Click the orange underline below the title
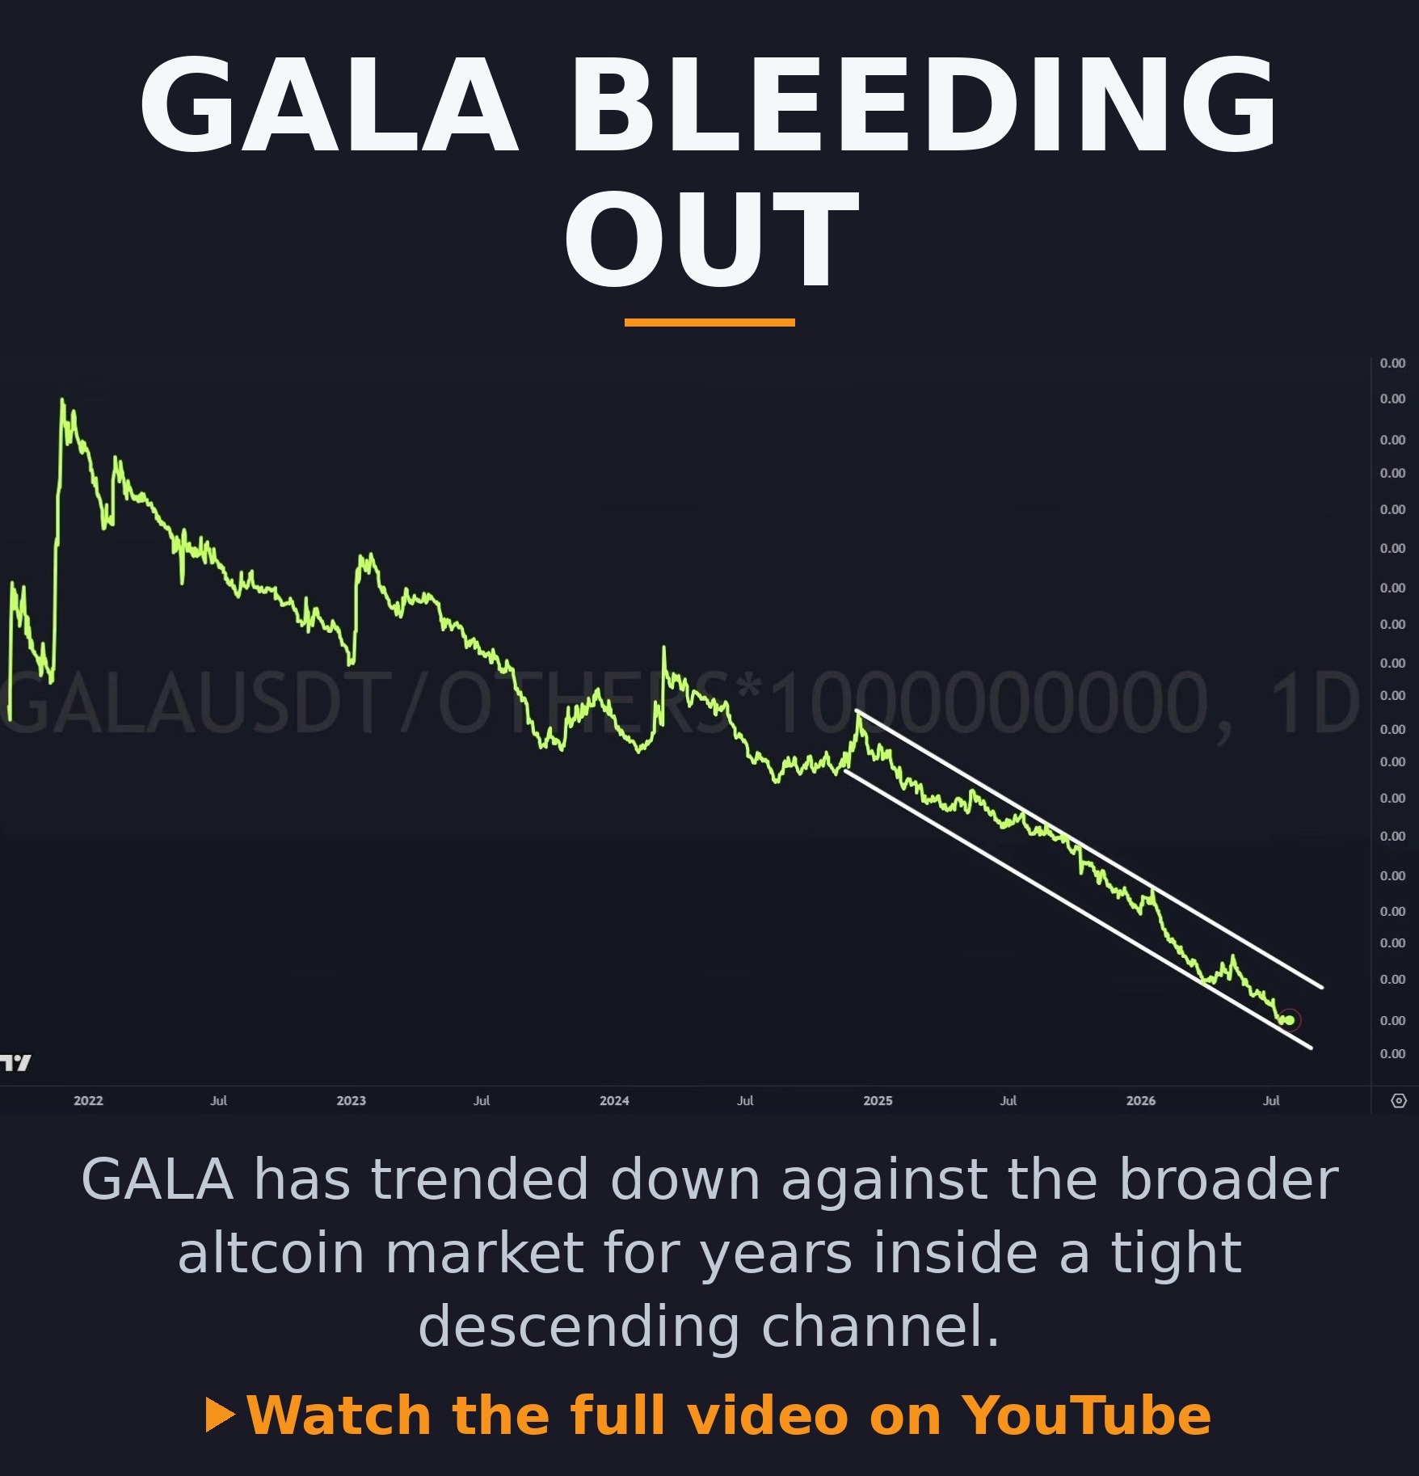coord(709,323)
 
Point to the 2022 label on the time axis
coord(88,1100)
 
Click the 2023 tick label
coord(352,1100)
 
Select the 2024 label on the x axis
coord(614,1100)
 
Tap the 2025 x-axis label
coord(878,1100)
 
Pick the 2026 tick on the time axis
coord(1141,1100)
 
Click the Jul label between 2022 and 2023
coord(219,1100)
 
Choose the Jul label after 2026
coord(1271,1100)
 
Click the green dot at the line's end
coord(1289,1020)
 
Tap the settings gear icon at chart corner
coord(1399,1100)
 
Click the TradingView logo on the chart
coord(15,1062)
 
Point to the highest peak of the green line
coord(62,399)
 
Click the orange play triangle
coord(220,1415)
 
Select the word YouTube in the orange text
coord(1085,1415)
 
